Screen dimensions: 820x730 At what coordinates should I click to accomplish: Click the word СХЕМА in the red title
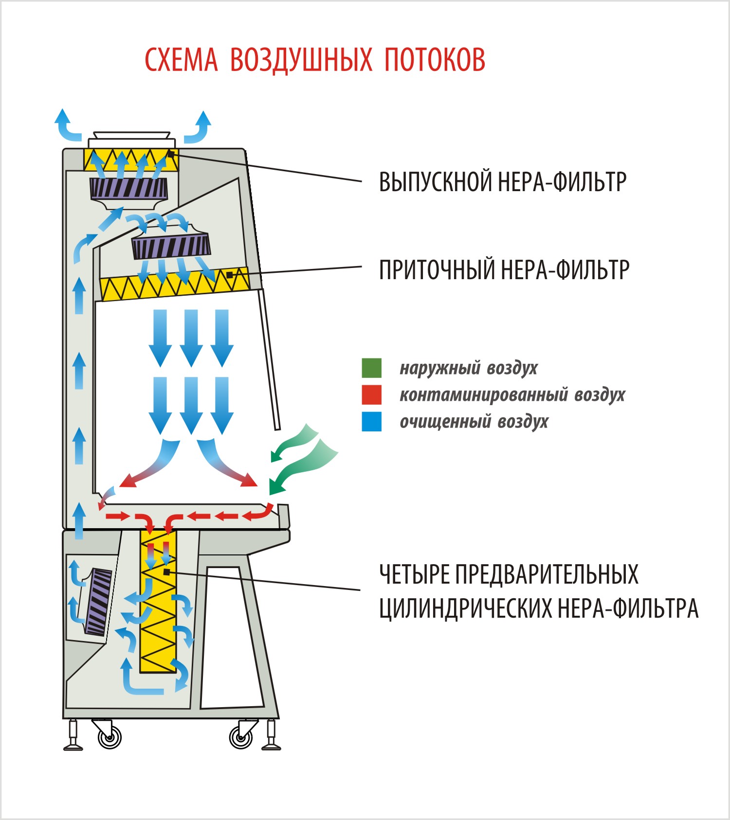click(181, 60)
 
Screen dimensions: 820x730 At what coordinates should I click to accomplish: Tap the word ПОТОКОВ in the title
click(435, 60)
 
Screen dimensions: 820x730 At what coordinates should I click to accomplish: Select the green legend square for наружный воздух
click(371, 368)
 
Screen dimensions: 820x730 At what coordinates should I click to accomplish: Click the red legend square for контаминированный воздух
click(371, 394)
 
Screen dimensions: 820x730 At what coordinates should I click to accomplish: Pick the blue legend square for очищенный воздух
click(371, 421)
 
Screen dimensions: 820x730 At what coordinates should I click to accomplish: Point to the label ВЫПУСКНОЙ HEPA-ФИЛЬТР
click(502, 182)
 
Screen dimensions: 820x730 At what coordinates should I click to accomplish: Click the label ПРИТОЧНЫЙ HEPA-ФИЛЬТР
click(504, 270)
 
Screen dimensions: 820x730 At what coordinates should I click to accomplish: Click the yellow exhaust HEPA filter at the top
click(130, 160)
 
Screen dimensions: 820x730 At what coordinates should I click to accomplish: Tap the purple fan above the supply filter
click(171, 246)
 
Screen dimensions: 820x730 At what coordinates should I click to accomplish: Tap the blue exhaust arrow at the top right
click(200, 127)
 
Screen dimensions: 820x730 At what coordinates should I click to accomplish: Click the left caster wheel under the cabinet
click(109, 737)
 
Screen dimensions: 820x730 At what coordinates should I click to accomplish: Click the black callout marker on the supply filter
click(230, 275)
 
